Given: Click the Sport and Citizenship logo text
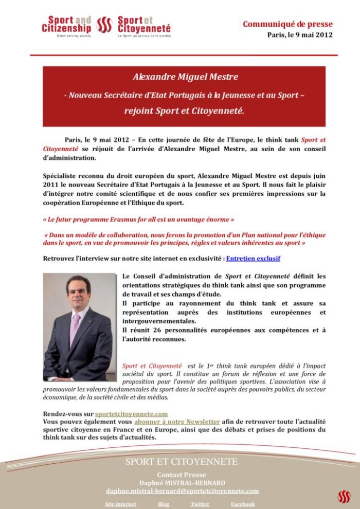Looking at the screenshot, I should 66,24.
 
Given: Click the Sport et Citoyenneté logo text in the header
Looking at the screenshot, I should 144,24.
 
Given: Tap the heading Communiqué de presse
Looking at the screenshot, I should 287,24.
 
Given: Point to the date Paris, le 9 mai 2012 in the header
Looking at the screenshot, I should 300,35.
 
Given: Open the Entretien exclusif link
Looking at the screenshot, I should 253,258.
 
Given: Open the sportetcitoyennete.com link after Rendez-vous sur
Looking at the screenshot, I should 131,413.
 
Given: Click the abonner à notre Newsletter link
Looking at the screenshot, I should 177,421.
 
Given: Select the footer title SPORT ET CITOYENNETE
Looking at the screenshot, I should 182,462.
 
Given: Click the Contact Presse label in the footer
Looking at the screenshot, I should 182,475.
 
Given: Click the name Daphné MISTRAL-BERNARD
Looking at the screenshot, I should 182,483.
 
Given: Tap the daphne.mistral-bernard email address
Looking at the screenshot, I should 182,491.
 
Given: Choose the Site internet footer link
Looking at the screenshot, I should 120,504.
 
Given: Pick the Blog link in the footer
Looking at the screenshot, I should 164,504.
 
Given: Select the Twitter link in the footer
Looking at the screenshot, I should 200,504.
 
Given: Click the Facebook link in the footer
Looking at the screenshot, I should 243,504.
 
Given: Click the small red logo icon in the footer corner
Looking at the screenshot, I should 344,497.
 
